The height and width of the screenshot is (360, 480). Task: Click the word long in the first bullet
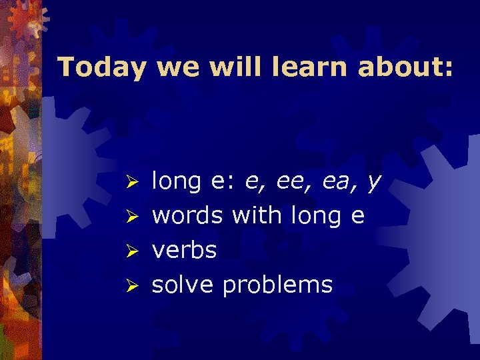[x=176, y=182]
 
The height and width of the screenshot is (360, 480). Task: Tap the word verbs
[x=185, y=251]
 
